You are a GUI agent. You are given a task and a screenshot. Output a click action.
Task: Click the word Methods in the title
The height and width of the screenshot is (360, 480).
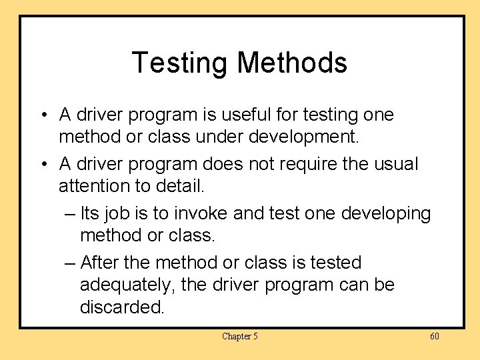[292, 63]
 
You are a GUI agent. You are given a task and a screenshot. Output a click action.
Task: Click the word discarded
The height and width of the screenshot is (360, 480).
[122, 307]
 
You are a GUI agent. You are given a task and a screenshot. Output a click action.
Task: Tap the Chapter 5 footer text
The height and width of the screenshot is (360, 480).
[239, 336]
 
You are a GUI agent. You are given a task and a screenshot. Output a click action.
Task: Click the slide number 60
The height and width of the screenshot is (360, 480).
[434, 336]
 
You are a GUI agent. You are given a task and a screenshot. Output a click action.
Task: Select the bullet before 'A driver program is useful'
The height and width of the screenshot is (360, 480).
[42, 115]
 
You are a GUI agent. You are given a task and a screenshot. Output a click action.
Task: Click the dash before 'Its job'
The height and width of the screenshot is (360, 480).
[71, 214]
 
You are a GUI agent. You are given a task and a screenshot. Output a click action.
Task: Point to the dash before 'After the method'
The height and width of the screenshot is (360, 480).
[71, 263]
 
